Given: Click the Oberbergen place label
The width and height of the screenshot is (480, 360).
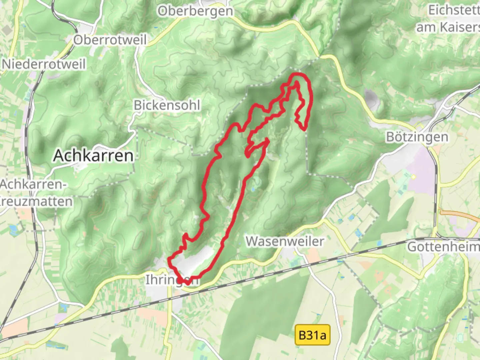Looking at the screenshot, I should click(195, 11).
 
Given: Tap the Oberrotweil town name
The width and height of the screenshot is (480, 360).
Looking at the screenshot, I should click(110, 40).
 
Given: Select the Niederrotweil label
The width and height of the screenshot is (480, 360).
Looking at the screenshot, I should click(44, 64).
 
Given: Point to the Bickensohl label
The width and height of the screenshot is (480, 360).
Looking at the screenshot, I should click(167, 105).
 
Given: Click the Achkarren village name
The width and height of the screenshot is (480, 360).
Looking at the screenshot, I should click(93, 156).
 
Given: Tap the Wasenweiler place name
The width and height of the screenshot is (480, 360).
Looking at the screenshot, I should click(285, 241).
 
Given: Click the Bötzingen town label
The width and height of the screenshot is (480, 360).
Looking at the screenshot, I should click(417, 137).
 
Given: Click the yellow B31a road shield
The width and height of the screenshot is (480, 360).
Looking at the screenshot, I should click(312, 335).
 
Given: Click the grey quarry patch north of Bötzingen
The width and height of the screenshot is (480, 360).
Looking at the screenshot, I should click(372, 98).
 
